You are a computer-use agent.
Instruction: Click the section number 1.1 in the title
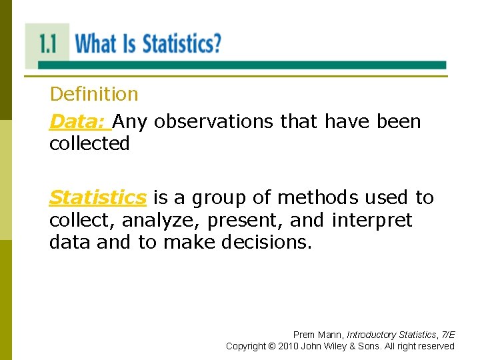[48, 44]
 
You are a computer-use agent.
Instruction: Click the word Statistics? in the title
[181, 44]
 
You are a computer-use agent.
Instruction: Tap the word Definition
[94, 95]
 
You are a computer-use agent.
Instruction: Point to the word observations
[214, 122]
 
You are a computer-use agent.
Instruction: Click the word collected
[89, 144]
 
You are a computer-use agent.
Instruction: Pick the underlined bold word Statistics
[97, 198]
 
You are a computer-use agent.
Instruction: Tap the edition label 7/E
[446, 335]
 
